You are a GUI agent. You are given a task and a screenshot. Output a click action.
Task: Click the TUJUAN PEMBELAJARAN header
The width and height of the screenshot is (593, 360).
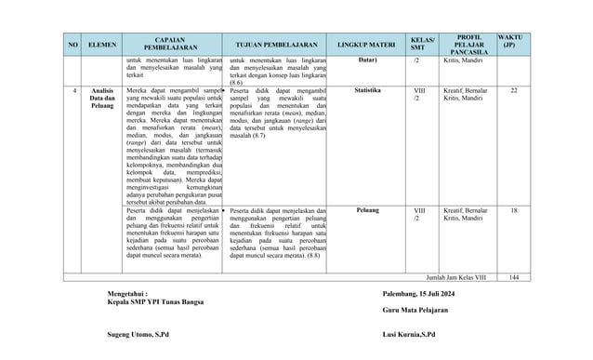tap(277, 44)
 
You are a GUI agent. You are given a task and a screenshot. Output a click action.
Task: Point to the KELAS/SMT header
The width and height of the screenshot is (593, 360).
tap(423, 43)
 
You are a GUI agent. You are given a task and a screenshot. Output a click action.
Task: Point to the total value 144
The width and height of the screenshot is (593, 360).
tap(514, 276)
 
